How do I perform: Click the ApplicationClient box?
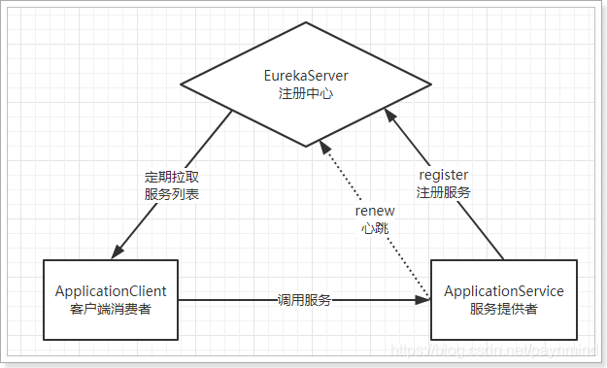coord(111,299)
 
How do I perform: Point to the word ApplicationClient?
coord(111,291)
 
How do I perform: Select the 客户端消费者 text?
coord(111,309)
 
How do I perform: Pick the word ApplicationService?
coord(503,291)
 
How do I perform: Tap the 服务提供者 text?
coord(503,309)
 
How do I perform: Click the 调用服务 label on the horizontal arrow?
coord(305,300)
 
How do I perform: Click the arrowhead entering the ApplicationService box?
coord(423,300)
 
